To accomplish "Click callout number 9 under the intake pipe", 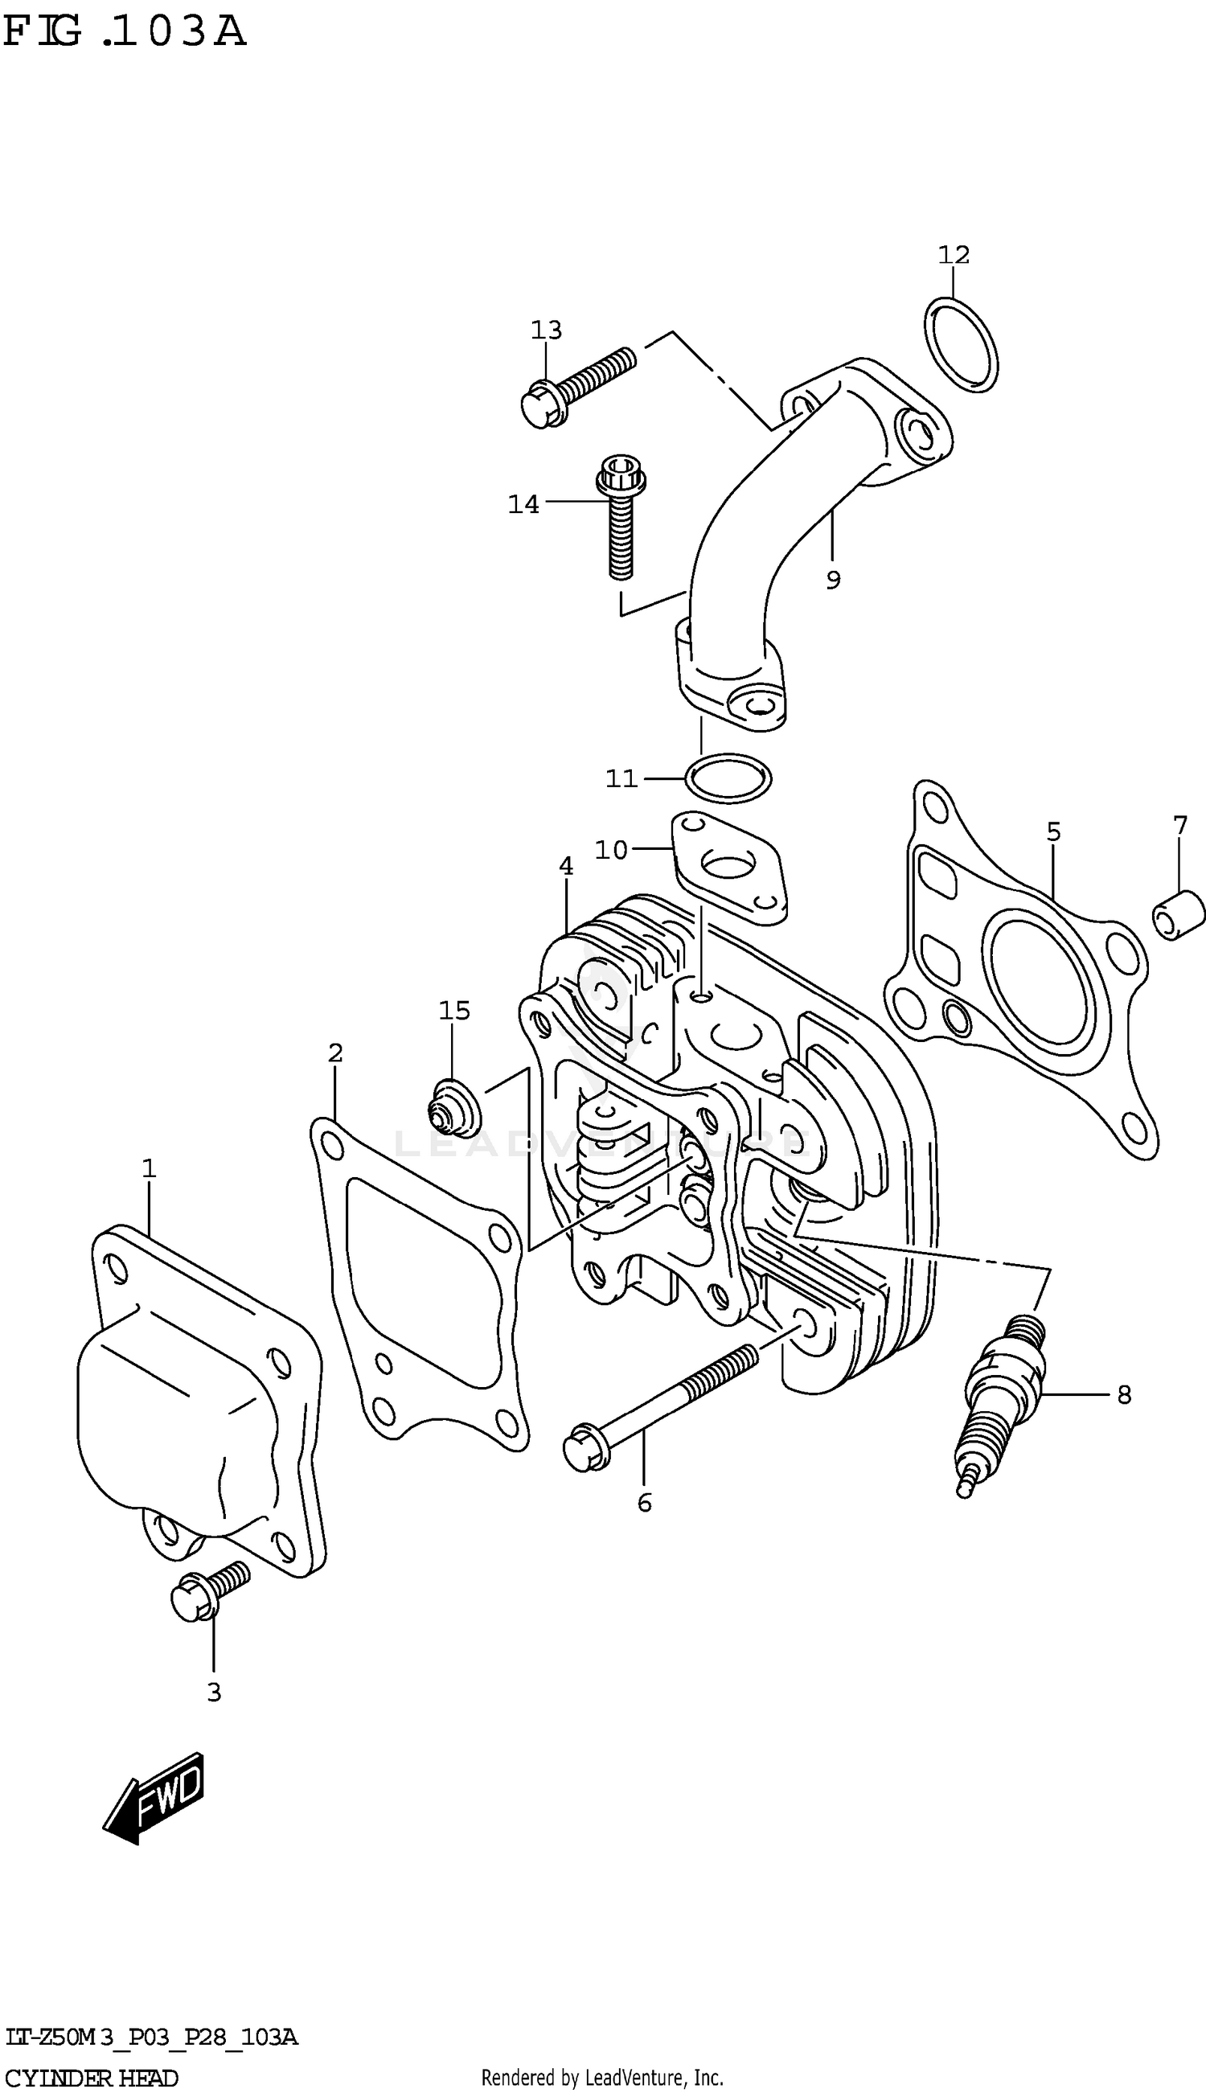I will click(833, 581).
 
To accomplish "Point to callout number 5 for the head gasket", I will click(1052, 831).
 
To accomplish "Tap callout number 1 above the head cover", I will click(148, 1168).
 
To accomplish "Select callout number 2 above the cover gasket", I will click(334, 1053).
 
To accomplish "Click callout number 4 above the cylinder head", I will click(566, 866).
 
